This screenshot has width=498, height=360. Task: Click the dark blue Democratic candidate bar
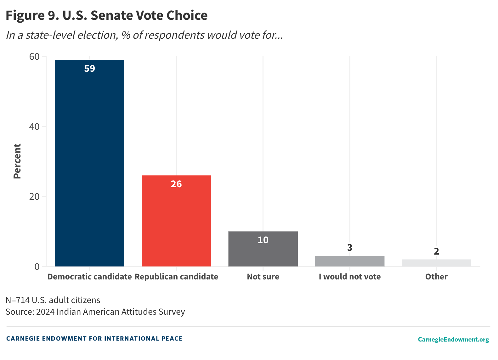coord(89,164)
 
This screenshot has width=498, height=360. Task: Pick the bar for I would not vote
coord(349,261)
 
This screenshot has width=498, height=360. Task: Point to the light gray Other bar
coord(436,263)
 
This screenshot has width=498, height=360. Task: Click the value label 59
coord(89,69)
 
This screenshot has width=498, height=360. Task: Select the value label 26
coord(176,184)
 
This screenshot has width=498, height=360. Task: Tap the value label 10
coord(263,240)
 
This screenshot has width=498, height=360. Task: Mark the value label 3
coord(349,248)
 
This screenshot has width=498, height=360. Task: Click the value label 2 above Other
coord(436,251)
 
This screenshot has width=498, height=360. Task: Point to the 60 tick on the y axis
coord(34,57)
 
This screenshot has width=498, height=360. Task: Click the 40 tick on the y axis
coord(34,127)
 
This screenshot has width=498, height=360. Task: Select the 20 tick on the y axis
coord(34,197)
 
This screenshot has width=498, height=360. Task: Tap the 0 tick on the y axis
coord(37,267)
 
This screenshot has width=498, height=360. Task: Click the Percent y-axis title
coord(17,161)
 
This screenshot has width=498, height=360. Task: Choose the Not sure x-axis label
coord(263,277)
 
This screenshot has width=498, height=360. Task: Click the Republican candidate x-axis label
coord(176,277)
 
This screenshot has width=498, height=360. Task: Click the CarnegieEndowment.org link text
coord(453,339)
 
